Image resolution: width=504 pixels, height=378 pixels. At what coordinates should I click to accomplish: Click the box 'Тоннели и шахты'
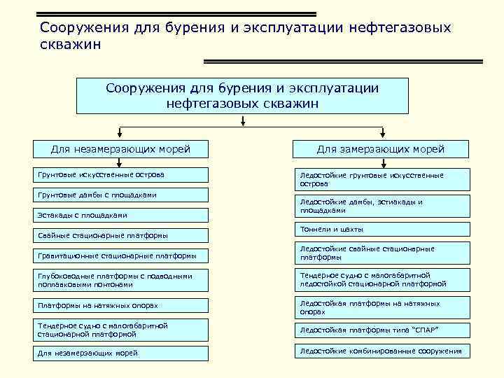(x=380, y=230)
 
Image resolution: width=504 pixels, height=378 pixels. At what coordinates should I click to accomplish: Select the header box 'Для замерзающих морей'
(x=380, y=149)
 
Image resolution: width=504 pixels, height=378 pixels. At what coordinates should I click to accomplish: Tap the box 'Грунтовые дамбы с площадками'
(x=122, y=195)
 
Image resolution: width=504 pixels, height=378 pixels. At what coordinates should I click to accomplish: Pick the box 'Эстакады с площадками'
(x=122, y=216)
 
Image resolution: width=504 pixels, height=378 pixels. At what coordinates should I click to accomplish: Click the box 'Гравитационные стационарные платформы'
(x=122, y=256)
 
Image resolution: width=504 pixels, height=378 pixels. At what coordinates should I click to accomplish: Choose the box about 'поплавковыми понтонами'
(x=122, y=280)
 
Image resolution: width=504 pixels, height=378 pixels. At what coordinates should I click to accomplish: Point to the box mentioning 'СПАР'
(x=380, y=330)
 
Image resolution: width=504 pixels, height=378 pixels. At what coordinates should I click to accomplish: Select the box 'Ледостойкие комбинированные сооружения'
(x=380, y=351)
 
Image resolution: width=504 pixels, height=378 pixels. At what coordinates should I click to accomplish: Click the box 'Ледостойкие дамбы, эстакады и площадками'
(x=380, y=206)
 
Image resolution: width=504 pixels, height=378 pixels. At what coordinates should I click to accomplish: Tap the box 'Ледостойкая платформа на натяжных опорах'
(x=380, y=307)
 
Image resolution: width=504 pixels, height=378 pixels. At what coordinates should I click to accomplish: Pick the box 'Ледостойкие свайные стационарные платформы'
(x=380, y=253)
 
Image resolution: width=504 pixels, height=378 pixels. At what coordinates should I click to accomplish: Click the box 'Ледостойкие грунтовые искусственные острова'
(x=380, y=179)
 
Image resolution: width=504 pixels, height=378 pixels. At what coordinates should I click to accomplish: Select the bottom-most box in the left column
(x=122, y=353)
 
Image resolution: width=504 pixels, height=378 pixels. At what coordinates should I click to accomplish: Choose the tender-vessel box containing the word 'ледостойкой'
(x=380, y=280)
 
